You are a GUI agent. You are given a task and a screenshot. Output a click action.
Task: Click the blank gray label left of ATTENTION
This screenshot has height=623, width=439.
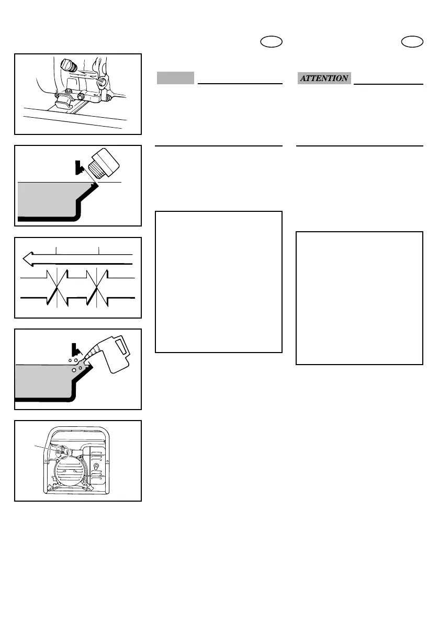click(x=176, y=78)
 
